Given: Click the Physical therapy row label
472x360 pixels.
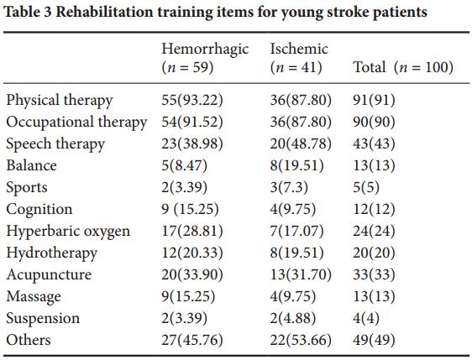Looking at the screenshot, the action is pos(60,101).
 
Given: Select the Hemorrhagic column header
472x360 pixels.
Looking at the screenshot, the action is pos(205,58).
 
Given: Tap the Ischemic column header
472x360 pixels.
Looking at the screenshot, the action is pos(299,58).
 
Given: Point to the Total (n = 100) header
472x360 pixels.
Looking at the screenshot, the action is pos(403,67).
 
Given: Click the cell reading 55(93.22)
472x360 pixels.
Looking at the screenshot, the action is pos(192,100).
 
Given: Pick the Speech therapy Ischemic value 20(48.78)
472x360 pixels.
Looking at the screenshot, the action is pos(301,143).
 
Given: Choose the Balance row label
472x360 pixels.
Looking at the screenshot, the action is pos(31,165).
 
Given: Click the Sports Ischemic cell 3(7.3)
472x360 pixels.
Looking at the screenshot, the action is pos(289,187).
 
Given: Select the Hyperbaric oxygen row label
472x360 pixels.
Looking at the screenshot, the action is pos(68,232).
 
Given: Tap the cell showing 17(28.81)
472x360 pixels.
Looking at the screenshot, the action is pos(192,231).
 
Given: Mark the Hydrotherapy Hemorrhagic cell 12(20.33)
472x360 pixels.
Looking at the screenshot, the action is pos(192,253).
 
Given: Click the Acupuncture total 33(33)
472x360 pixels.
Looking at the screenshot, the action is pos(374,274).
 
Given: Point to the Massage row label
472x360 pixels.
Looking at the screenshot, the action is pos(34,297).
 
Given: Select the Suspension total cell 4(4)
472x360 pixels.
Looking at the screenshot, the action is pos(365,318).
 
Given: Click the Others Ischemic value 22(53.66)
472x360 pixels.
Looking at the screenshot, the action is pos(301,340).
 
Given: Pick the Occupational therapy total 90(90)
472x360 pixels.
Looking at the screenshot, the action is pos(374,122).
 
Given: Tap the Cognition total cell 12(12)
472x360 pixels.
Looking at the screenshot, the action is pos(374,209).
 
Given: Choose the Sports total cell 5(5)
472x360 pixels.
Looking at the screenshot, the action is pos(365,187).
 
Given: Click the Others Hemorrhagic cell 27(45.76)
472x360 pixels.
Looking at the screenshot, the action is pos(192,340).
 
